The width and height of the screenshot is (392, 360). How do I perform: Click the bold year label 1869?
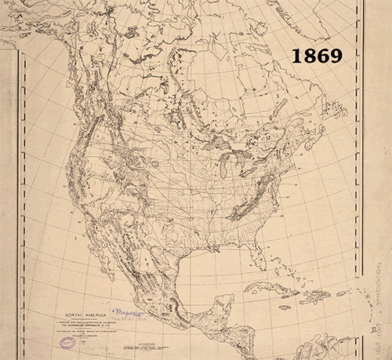tap(318, 56)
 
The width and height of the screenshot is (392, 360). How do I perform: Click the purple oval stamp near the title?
tap(68, 342)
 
